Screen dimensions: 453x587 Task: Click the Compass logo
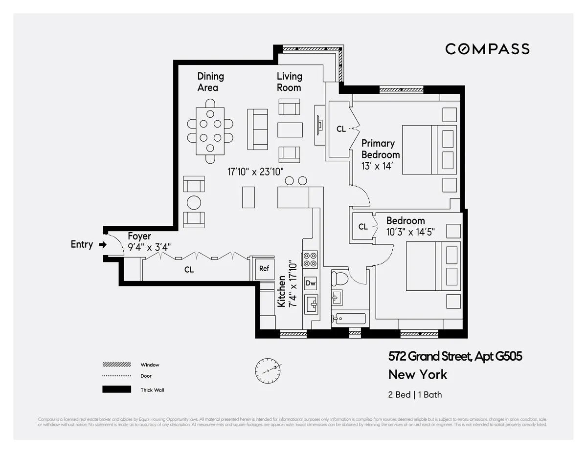click(x=487, y=49)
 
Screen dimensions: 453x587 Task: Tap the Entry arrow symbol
click(x=102, y=244)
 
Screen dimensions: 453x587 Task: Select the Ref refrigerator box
click(x=264, y=268)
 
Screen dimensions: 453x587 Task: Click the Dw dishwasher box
click(x=311, y=283)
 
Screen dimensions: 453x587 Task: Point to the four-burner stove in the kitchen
click(x=311, y=259)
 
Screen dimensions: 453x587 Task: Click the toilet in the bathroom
click(x=339, y=279)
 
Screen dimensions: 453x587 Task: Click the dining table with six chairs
click(x=210, y=131)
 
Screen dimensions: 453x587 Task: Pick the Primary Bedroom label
click(x=381, y=149)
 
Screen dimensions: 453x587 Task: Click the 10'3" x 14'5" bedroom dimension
click(x=410, y=231)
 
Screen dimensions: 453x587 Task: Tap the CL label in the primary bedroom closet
click(x=341, y=129)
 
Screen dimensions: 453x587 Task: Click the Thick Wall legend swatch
click(x=116, y=389)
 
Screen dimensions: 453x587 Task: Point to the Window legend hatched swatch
click(x=116, y=365)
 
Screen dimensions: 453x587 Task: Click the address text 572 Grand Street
click(x=455, y=356)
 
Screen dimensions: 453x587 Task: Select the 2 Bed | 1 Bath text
click(x=415, y=394)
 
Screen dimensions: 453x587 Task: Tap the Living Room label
click(x=289, y=82)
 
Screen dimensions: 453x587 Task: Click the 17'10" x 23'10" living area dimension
click(x=255, y=172)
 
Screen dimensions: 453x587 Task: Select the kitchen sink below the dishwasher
click(x=311, y=304)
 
